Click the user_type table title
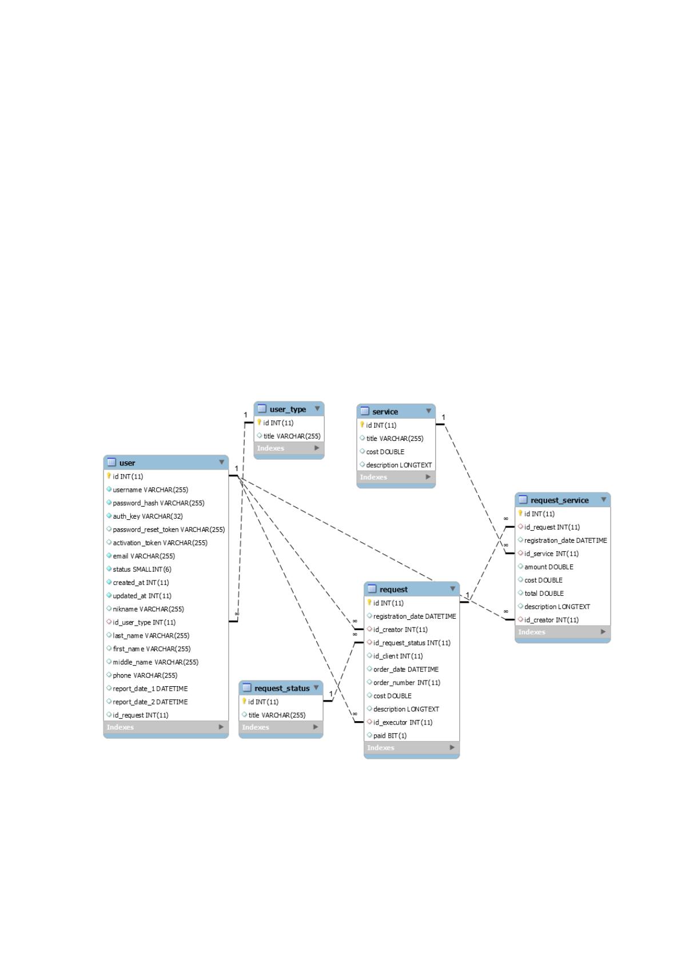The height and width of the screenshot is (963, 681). point(288,409)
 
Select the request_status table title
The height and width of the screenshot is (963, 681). point(281,688)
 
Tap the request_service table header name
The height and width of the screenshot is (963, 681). point(559,500)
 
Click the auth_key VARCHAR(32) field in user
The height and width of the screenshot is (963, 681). point(148,516)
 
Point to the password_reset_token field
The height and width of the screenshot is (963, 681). point(169,529)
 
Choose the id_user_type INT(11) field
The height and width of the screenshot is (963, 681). point(144,622)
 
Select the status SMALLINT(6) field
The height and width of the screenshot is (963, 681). point(142,569)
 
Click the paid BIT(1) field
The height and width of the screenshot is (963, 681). point(390,735)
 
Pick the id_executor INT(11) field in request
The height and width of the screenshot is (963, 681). point(403,722)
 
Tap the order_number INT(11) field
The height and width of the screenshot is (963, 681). point(407,682)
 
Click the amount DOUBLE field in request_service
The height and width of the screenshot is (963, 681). point(548,567)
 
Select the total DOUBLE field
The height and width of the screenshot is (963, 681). point(544,593)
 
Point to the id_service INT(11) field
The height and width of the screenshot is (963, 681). point(551,554)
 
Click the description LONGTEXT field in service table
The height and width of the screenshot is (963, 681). point(399,465)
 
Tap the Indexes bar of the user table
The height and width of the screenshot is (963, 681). point(166,727)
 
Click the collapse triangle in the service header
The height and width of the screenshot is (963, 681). point(429,411)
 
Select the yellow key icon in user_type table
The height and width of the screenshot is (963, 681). point(259,422)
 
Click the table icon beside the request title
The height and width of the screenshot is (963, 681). point(372,588)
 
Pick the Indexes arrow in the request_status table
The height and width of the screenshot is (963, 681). point(316,727)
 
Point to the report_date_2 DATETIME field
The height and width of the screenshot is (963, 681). point(150,702)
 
